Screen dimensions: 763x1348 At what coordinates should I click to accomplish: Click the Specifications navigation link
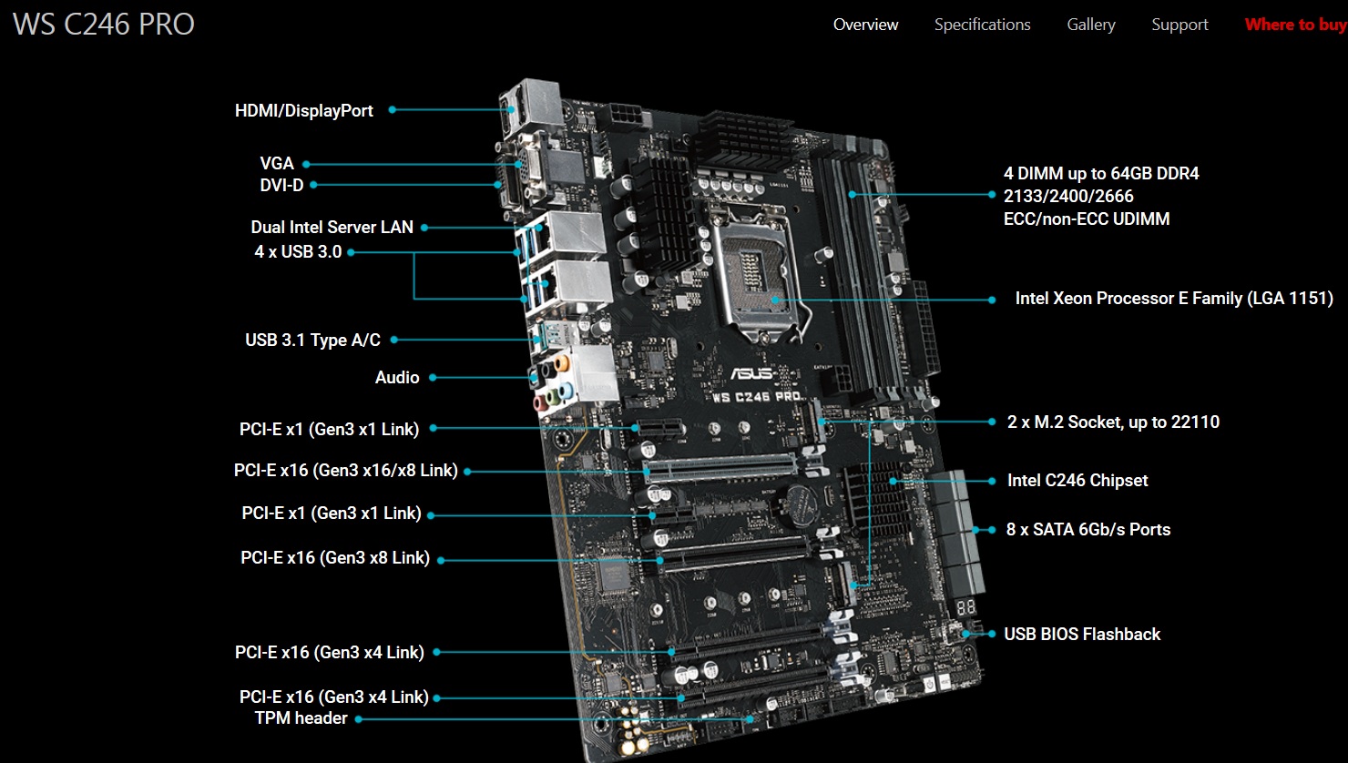982,25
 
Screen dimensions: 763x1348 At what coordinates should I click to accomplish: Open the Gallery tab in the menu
1091,25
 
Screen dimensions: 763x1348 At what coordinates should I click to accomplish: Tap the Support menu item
1179,25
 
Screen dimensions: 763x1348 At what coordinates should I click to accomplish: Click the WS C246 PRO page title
104,25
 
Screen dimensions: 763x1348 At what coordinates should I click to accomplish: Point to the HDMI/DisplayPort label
304,111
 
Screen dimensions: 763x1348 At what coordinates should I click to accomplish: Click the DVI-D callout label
281,185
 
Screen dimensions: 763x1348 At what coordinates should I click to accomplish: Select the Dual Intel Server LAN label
332,227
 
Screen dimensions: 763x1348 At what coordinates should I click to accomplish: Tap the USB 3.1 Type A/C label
312,340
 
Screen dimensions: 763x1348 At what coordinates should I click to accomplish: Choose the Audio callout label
397,377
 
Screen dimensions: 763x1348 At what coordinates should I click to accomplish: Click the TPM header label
301,718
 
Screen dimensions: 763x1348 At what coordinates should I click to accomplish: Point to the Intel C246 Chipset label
1077,481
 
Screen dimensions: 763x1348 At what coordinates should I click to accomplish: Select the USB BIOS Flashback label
1082,634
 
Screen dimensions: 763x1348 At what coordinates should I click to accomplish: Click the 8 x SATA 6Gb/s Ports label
1088,530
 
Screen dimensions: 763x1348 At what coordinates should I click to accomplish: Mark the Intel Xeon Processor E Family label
1174,299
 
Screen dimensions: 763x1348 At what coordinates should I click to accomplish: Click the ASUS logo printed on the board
751,373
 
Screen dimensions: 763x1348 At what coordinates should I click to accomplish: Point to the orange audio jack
562,363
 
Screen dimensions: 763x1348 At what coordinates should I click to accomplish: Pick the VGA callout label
277,164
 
